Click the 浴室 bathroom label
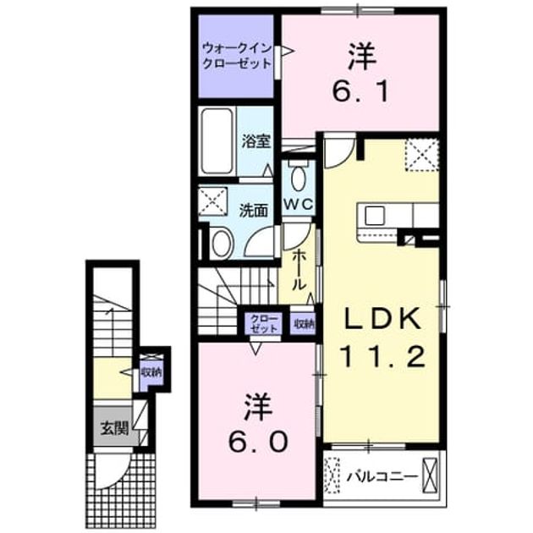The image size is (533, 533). point(256,141)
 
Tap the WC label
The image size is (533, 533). point(298,204)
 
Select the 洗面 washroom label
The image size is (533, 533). point(254,211)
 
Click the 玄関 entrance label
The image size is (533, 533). point(114,429)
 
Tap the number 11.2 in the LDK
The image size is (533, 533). point(382,356)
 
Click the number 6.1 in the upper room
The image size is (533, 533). point(360,91)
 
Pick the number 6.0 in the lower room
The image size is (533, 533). point(258,442)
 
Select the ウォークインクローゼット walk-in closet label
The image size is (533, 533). point(237,56)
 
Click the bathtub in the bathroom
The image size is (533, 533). point(217,141)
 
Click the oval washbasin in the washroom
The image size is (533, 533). point(222,244)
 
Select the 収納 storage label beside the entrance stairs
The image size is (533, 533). point(151,372)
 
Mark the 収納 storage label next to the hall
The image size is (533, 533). point(304,323)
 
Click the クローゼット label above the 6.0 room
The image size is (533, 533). point(263,323)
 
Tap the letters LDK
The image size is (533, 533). point(382,318)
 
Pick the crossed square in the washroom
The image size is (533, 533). point(213,201)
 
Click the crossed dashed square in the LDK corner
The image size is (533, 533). point(421,155)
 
